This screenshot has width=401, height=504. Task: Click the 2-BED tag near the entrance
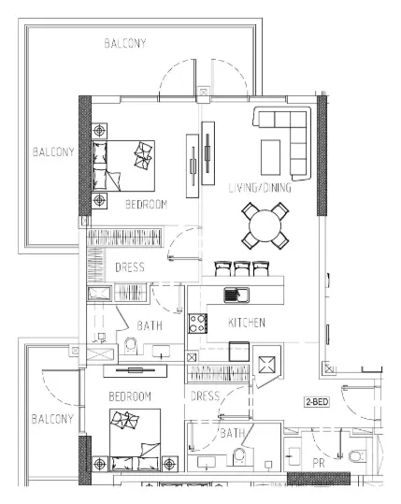click(317, 402)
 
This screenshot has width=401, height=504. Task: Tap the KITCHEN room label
click(247, 323)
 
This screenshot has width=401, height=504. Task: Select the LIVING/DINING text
click(260, 188)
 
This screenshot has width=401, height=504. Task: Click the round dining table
click(265, 225)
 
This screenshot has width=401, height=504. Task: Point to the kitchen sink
click(236, 295)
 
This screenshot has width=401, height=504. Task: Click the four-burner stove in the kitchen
click(197, 324)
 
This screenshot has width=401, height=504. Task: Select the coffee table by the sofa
click(270, 157)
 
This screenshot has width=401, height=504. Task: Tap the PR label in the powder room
click(319, 463)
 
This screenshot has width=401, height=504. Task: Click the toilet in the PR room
click(357, 456)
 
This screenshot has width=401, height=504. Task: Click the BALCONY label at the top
click(125, 43)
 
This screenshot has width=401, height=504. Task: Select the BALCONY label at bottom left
click(52, 419)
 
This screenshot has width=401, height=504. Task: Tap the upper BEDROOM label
click(146, 205)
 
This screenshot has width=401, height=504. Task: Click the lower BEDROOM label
click(130, 396)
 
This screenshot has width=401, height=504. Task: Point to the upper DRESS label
click(130, 267)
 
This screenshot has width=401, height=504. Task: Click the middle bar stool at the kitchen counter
click(242, 268)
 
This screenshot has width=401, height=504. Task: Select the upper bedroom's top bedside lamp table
click(99, 131)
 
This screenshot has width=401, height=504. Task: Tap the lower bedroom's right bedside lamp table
click(170, 464)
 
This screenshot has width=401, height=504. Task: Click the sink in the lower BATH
click(207, 463)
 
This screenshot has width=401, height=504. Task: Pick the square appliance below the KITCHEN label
click(239, 352)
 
